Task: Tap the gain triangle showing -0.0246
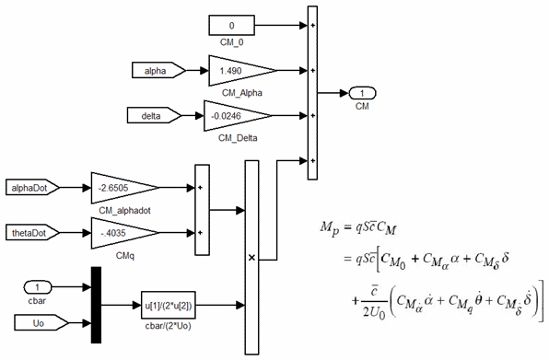pyautogui.click(x=236, y=115)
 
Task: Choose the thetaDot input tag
pyautogui.click(x=33, y=232)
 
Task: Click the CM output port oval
pyautogui.click(x=363, y=93)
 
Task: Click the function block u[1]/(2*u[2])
pyautogui.click(x=169, y=304)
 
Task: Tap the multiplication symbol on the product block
pyautogui.click(x=251, y=259)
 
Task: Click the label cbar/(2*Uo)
pyautogui.click(x=169, y=324)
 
